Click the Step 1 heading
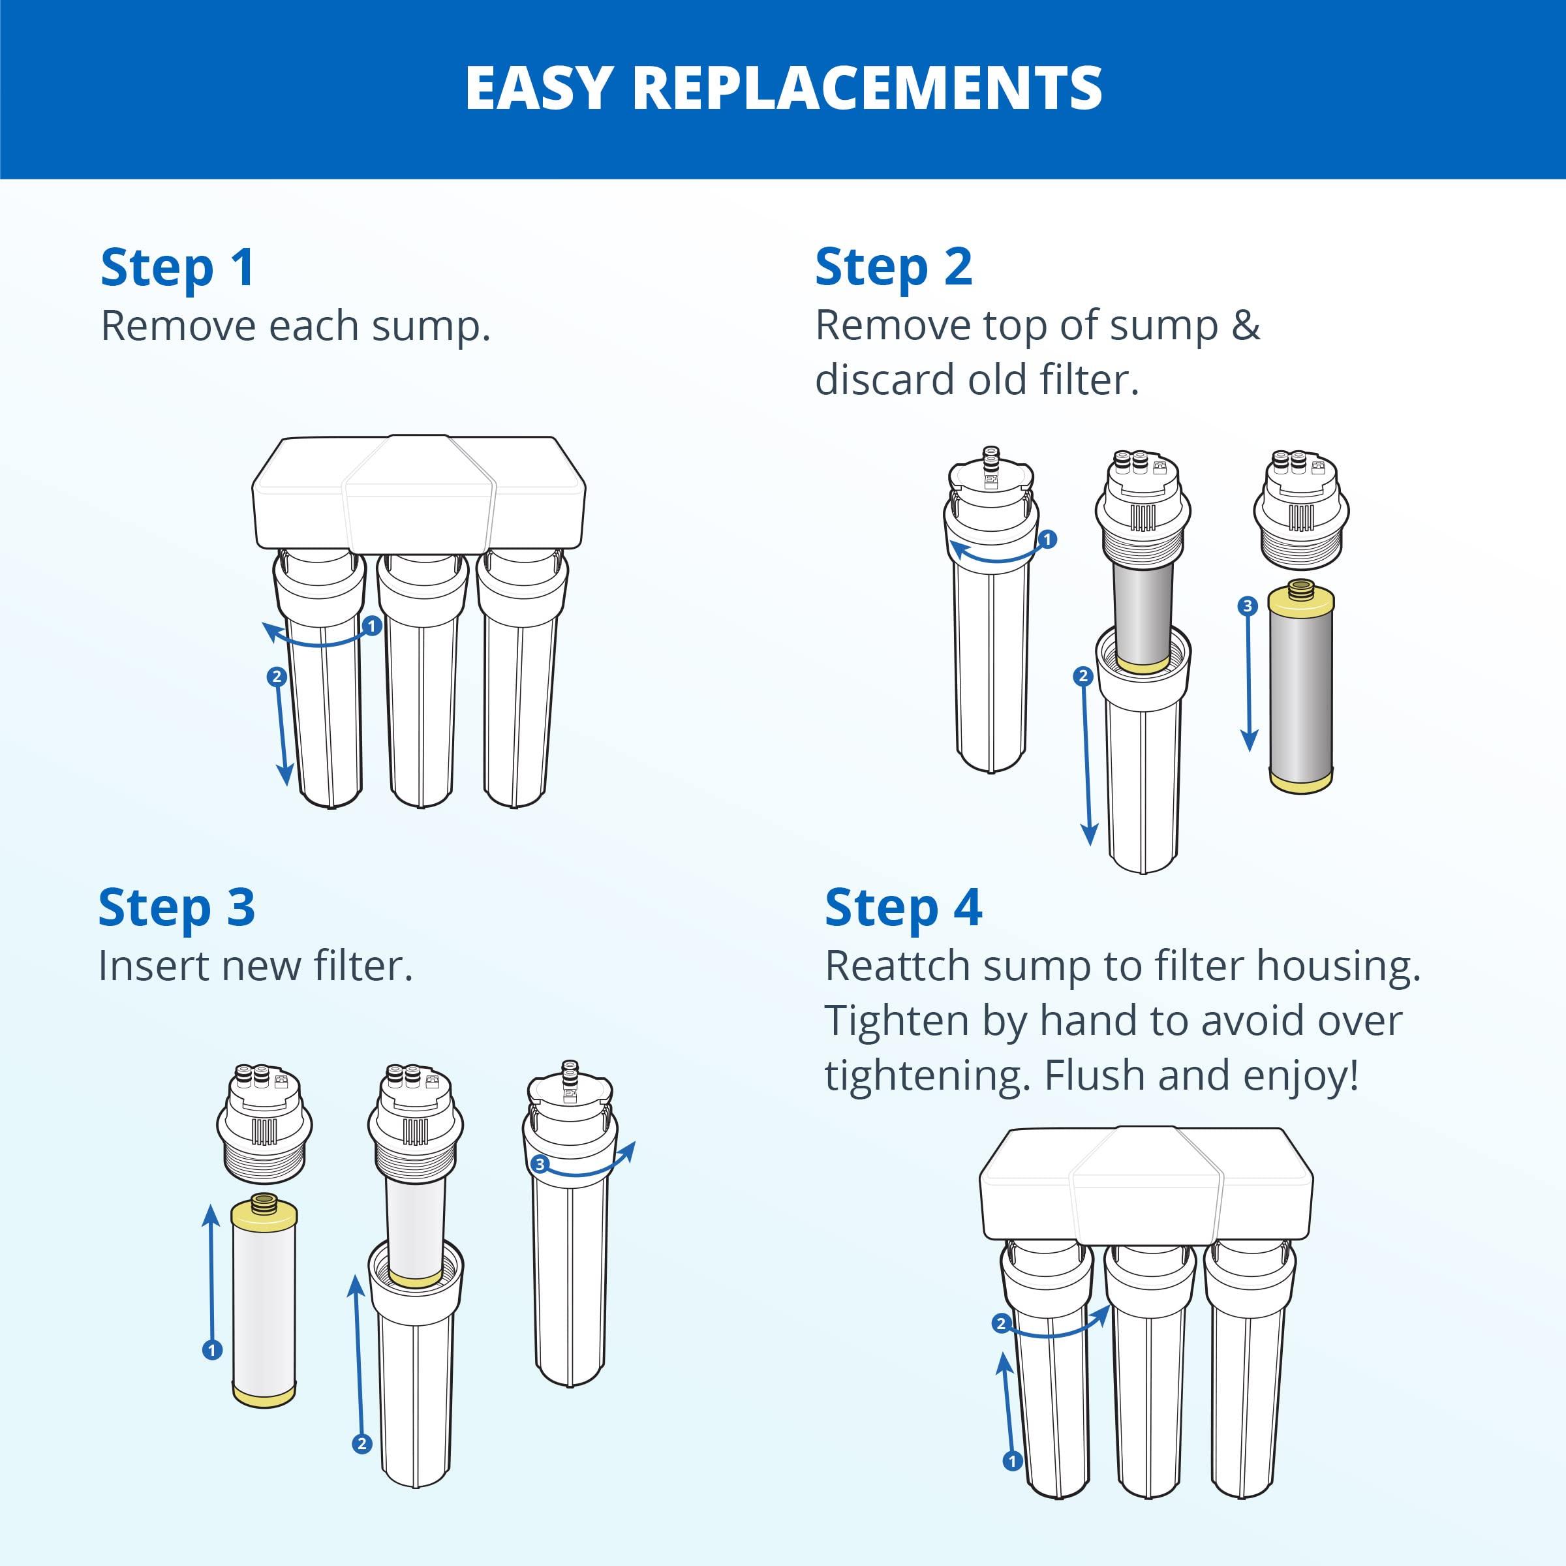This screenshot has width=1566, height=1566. click(177, 268)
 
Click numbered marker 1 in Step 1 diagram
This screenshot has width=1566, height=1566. click(371, 626)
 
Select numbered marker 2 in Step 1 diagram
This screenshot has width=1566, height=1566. click(277, 676)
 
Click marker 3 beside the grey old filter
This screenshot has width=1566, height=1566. click(1248, 606)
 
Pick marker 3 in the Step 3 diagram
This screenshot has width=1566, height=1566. click(540, 1165)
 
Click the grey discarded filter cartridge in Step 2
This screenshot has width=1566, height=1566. click(1300, 689)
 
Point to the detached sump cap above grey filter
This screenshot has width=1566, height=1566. click(1301, 509)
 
